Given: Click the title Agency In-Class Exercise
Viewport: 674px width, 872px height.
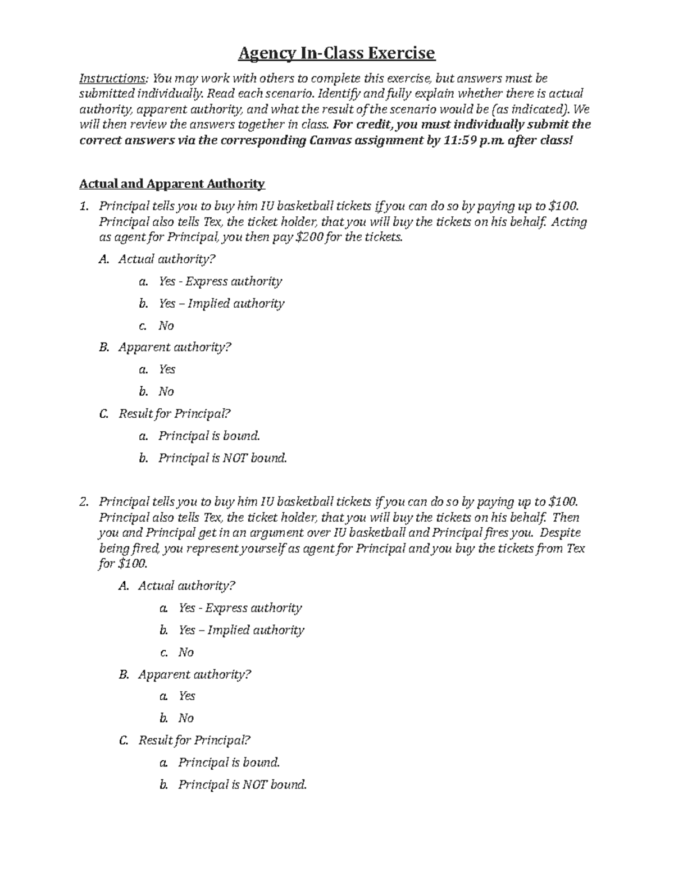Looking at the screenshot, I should [336, 53].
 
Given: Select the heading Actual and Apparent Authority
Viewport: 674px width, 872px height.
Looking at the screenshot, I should [172, 184].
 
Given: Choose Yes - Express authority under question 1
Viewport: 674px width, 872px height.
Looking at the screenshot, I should [220, 281].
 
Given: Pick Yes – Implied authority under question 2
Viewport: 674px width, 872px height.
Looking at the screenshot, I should [241, 630].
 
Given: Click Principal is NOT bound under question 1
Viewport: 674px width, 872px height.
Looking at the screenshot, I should [222, 458].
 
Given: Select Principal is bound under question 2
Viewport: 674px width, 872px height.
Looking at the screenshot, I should [229, 763].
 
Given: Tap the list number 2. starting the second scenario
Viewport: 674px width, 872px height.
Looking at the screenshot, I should [84, 502].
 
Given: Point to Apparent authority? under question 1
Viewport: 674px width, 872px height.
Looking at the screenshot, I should [175, 348].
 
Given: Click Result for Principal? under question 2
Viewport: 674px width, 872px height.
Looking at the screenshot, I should [194, 741].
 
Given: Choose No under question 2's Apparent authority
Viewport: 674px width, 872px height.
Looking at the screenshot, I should [186, 718].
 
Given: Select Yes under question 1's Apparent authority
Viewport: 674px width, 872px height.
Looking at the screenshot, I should [167, 369].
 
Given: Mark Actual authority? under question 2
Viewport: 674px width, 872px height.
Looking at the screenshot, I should [186, 586].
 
